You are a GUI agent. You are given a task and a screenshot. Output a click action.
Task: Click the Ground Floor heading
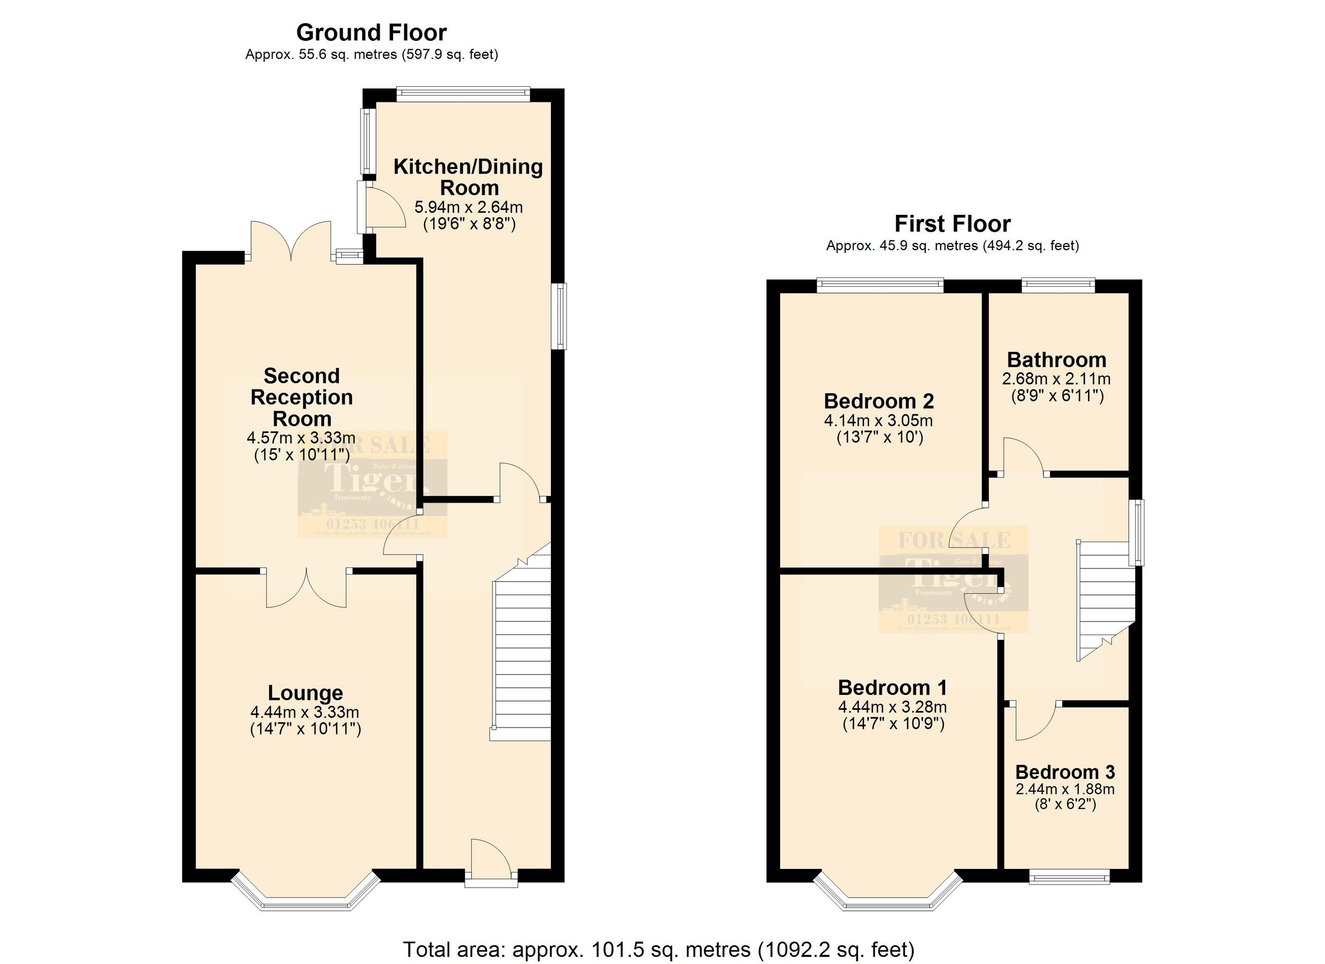pos(371,32)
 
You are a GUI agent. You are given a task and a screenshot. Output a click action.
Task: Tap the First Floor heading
pos(952,224)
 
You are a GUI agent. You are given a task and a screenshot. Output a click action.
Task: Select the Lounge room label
pos(305,693)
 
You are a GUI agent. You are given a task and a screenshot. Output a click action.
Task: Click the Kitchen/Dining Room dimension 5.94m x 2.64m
pos(468,207)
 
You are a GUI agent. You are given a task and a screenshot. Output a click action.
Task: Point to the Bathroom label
pos(1056,360)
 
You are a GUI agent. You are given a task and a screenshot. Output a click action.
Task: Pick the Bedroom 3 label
pos(1064,772)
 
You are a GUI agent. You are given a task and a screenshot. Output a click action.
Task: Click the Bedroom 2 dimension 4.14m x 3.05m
pos(878,420)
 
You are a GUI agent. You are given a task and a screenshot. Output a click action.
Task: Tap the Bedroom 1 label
pos(892,687)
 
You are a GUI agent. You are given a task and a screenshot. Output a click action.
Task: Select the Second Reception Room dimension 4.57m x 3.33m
pos(301,438)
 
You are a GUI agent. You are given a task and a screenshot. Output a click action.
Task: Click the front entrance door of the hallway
pos(491,860)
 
